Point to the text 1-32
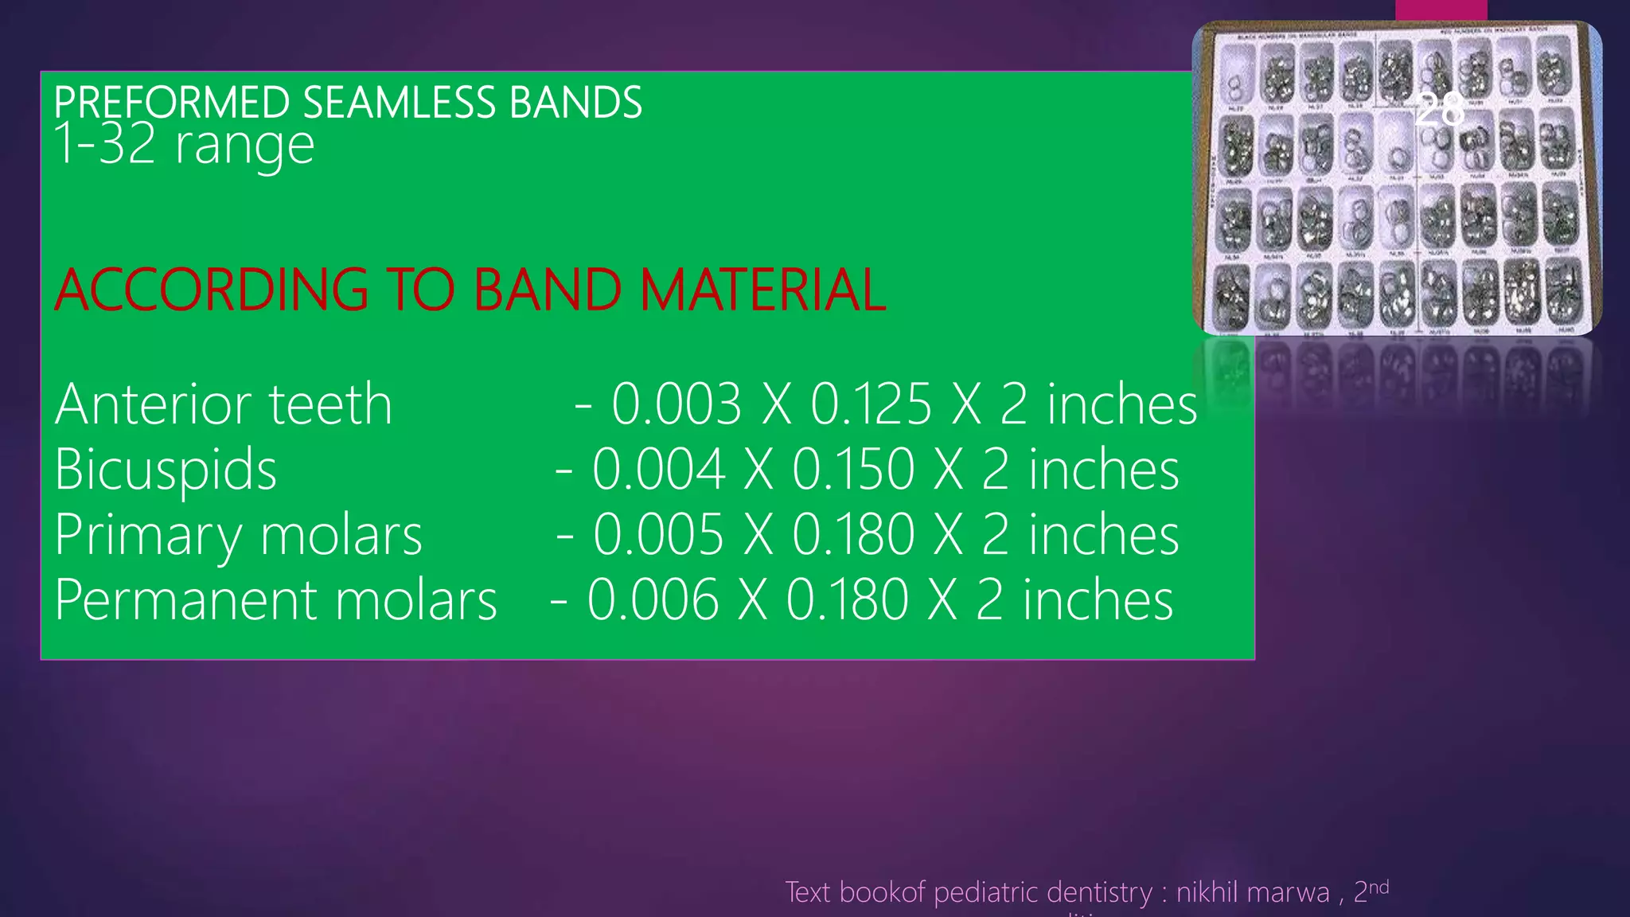[104, 145]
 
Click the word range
[244, 147]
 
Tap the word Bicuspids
[166, 470]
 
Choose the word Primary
[148, 536]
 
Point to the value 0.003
[677, 404]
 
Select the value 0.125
[871, 404]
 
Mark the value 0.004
[658, 470]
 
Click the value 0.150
[853, 470]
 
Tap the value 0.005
[658, 535]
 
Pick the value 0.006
[653, 600]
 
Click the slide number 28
[1440, 109]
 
